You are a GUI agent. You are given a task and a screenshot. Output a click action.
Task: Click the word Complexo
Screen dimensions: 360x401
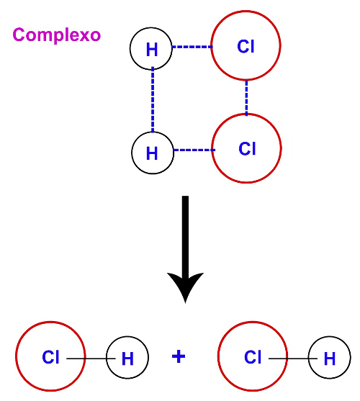[56, 35]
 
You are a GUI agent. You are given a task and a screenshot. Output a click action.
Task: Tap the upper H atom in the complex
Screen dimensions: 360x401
[151, 48]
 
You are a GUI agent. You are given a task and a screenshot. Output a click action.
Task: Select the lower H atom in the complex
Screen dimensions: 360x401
[153, 153]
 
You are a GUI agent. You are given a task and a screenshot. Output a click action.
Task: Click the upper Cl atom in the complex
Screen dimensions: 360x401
[246, 45]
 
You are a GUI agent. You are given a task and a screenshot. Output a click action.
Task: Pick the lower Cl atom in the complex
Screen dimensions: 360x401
[247, 148]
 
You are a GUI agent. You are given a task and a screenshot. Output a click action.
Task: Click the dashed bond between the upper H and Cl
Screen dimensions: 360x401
[192, 47]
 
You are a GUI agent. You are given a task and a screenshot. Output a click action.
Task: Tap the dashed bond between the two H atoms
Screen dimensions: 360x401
[153, 100]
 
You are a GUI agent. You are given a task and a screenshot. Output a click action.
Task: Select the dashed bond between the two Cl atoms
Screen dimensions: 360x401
[246, 98]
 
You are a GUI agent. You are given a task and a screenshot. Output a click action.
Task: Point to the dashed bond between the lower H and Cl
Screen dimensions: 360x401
[194, 150]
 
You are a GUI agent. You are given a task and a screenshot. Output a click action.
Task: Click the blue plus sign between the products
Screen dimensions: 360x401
[179, 356]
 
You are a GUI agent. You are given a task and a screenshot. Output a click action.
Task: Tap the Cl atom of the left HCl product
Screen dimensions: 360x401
[50, 356]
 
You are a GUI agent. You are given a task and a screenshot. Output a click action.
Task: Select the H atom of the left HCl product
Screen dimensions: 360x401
[127, 357]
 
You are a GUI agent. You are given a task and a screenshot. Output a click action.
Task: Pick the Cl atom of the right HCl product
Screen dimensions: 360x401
[253, 356]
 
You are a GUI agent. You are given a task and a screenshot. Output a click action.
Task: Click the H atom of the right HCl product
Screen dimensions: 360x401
[329, 357]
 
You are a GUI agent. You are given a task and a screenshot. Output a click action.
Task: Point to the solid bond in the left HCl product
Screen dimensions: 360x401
[91, 359]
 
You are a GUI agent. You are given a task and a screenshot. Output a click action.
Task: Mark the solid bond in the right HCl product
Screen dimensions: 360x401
[293, 359]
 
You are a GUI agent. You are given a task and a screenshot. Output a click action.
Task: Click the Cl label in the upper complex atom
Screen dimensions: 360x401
[246, 47]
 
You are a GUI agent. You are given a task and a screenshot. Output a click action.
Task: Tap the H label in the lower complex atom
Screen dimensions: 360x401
[152, 153]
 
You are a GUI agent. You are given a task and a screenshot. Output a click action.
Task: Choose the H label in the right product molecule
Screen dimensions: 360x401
[329, 359]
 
